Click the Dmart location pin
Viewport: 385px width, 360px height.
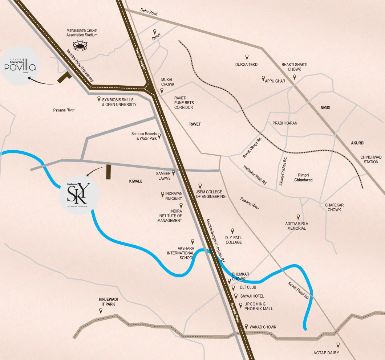[155, 32]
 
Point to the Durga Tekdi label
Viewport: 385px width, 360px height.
[247, 65]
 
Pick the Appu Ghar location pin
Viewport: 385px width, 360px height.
[263, 78]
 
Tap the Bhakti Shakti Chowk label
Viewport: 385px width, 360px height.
[294, 67]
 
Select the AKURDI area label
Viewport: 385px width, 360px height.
[357, 143]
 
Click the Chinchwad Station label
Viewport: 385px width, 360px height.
[371, 160]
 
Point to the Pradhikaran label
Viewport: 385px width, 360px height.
[285, 123]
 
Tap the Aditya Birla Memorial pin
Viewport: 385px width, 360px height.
[298, 217]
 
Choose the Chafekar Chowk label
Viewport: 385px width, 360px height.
[334, 208]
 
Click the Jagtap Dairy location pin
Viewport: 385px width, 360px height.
[338, 345]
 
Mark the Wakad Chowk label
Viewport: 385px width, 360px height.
[263, 327]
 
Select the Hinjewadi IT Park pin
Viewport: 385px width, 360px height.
[101, 311]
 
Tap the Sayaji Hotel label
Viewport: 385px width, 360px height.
[252, 296]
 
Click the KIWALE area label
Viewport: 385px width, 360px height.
[136, 181]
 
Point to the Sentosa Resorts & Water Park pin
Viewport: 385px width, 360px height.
[159, 136]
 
